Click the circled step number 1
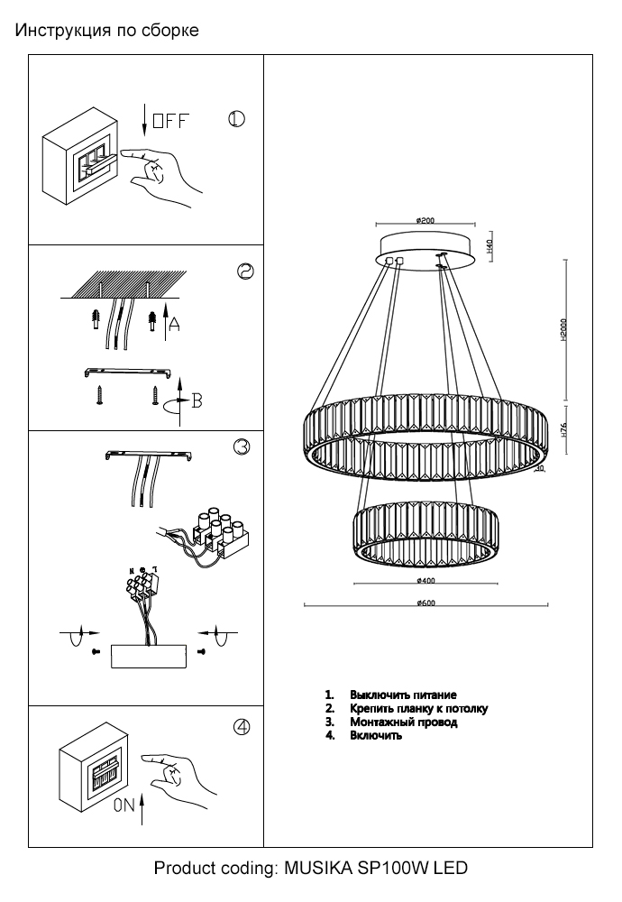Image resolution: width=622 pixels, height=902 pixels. coord(236,120)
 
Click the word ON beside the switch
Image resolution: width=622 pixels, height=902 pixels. coord(124,808)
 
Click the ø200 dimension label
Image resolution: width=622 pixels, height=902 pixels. coord(426,220)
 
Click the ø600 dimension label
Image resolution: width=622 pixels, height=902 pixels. coord(426,603)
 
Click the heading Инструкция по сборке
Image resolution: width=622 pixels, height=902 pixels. coord(106,32)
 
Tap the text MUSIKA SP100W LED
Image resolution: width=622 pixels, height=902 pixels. coord(376,869)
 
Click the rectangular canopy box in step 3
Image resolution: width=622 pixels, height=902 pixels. coord(148,656)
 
